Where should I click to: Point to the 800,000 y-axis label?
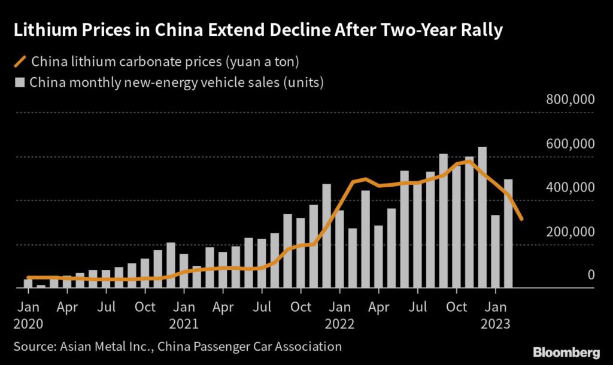570,100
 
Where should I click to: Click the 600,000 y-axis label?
570,144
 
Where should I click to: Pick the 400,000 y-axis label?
570,188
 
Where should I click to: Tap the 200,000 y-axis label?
570,232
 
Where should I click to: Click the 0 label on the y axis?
590,275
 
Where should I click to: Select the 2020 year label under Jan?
29,324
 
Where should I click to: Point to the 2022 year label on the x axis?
339,324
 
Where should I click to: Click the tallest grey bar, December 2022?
482,217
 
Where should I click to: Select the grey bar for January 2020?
28,284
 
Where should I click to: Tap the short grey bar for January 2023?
496,251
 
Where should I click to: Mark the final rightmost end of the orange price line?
522,219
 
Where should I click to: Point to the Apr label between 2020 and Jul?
67,307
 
